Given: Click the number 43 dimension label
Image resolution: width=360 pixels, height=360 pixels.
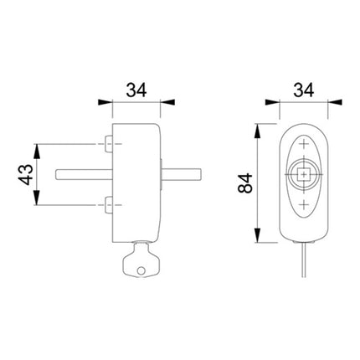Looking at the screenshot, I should [26, 175].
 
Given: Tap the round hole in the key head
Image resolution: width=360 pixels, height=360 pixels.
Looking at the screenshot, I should [141, 268].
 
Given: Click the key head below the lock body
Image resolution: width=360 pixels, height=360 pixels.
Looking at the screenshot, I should [136, 261].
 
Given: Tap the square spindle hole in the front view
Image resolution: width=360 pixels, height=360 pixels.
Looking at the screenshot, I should [302, 175].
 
